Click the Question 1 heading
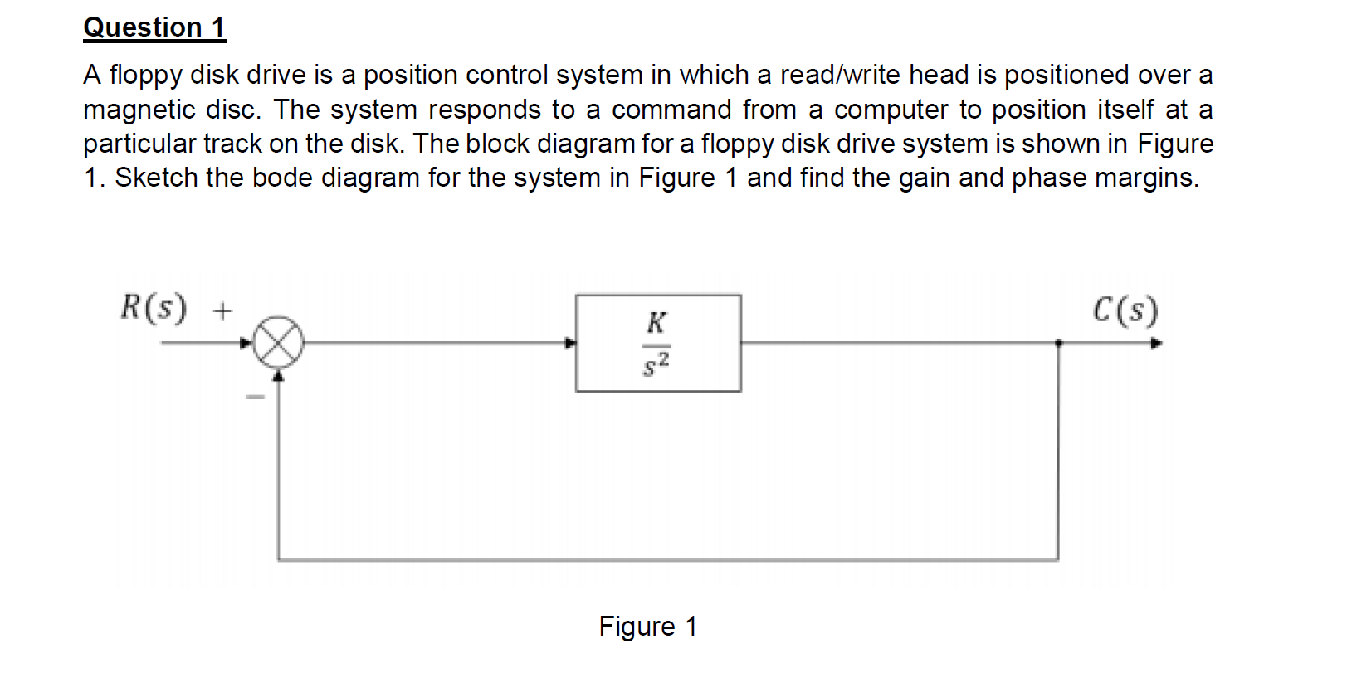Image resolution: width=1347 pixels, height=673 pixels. click(154, 27)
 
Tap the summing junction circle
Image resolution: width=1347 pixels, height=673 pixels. click(278, 342)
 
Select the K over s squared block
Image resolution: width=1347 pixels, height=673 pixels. click(658, 343)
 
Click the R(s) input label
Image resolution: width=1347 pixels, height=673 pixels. click(154, 308)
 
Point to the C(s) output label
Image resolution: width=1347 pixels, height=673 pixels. click(1125, 310)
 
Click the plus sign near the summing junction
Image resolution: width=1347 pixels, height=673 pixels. click(222, 311)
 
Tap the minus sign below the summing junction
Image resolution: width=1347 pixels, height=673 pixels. click(255, 397)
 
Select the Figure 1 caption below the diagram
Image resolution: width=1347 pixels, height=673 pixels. click(647, 626)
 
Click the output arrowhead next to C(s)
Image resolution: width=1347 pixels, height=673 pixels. click(1156, 343)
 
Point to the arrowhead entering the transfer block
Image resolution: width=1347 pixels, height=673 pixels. click(570, 343)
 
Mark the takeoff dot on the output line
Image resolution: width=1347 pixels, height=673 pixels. click(1058, 342)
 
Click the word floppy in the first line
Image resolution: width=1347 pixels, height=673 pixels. click(145, 76)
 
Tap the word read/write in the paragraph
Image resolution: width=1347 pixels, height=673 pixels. click(840, 75)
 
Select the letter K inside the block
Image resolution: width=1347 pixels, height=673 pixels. click(656, 323)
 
